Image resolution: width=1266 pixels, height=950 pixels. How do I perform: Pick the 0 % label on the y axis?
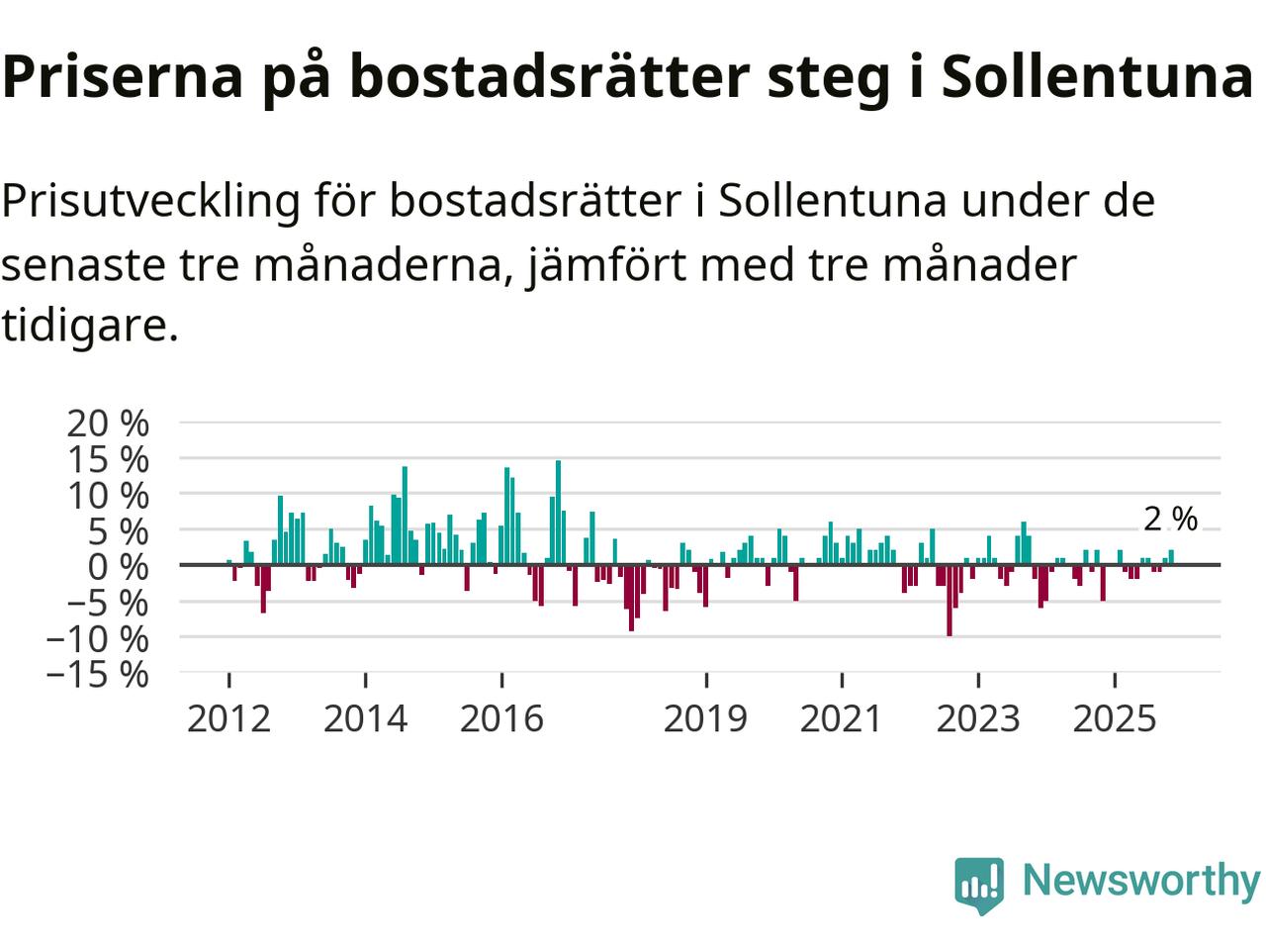[x=119, y=567]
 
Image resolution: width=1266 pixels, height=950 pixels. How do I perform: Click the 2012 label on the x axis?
[x=228, y=718]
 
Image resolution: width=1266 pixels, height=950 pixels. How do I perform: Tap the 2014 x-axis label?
[x=365, y=718]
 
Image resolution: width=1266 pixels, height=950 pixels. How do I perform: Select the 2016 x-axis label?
[x=501, y=718]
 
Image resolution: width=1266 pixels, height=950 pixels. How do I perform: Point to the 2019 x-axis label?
[x=705, y=718]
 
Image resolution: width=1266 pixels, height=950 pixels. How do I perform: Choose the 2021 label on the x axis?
[x=841, y=718]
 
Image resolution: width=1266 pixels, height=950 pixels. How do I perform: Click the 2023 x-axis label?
[x=977, y=718]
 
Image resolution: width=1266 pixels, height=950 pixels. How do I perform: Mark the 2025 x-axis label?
[x=1114, y=718]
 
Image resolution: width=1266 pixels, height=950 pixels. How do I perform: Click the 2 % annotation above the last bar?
[x=1170, y=520]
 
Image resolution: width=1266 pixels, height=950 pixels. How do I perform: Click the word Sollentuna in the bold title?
[x=1096, y=77]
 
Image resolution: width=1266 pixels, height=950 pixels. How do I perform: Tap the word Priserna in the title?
[x=123, y=77]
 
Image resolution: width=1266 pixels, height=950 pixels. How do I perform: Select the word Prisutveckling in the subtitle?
[x=150, y=202]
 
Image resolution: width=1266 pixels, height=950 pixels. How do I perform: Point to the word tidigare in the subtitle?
[x=89, y=325]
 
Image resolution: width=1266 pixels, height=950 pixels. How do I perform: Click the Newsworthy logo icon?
[x=979, y=883]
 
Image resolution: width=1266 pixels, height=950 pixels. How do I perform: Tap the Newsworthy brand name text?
[x=1140, y=880]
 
